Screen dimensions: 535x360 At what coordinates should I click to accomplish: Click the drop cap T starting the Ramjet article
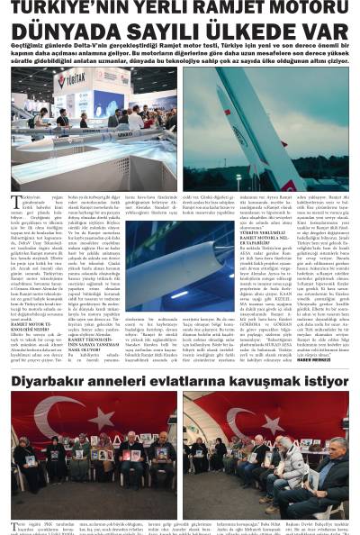click(x=14, y=201)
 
